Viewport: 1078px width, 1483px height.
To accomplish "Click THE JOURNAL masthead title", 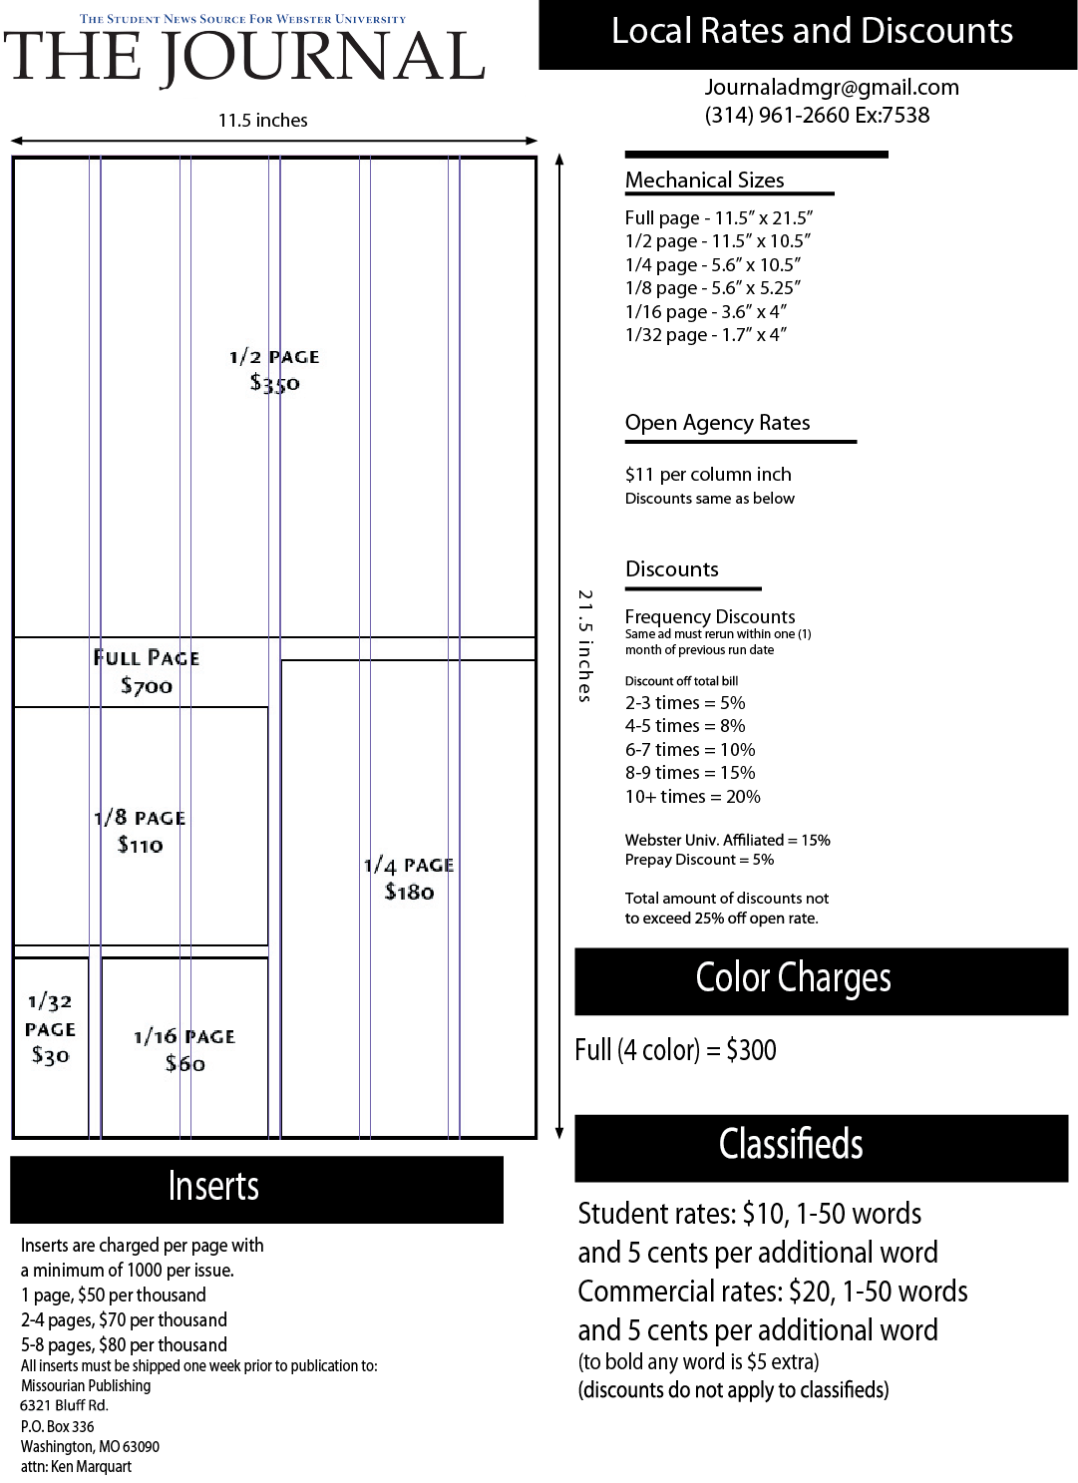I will point(244,57).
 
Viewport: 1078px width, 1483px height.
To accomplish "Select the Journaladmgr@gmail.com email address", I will point(832,88).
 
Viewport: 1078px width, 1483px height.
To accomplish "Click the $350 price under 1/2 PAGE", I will point(274,383).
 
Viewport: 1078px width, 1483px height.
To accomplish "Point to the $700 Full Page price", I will point(147,686).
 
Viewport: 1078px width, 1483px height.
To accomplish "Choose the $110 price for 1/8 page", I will point(140,845).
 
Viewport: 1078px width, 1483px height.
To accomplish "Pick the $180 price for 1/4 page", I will point(409,892).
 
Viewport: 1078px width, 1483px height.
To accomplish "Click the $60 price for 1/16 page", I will point(185,1064).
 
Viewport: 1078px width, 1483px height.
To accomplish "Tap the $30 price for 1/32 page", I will point(50,1055).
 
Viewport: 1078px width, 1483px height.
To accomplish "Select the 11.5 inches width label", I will point(263,121).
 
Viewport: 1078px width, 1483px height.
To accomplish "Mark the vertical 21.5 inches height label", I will point(585,645).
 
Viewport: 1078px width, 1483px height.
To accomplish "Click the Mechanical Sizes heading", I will point(704,181).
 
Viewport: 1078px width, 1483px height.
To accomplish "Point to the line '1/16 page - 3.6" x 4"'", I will point(705,312).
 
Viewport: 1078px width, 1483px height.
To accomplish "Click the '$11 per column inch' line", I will point(708,475).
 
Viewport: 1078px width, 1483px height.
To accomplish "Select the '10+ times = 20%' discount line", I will point(692,797).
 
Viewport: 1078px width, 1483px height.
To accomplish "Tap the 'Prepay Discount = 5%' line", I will point(699,860).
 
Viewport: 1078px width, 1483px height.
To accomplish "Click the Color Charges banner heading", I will point(794,979).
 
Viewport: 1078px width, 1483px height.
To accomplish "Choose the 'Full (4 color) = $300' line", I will point(675,1050).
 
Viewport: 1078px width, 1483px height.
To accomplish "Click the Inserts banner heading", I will point(213,1187).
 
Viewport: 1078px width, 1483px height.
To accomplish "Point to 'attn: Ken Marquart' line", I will point(76,1467).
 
